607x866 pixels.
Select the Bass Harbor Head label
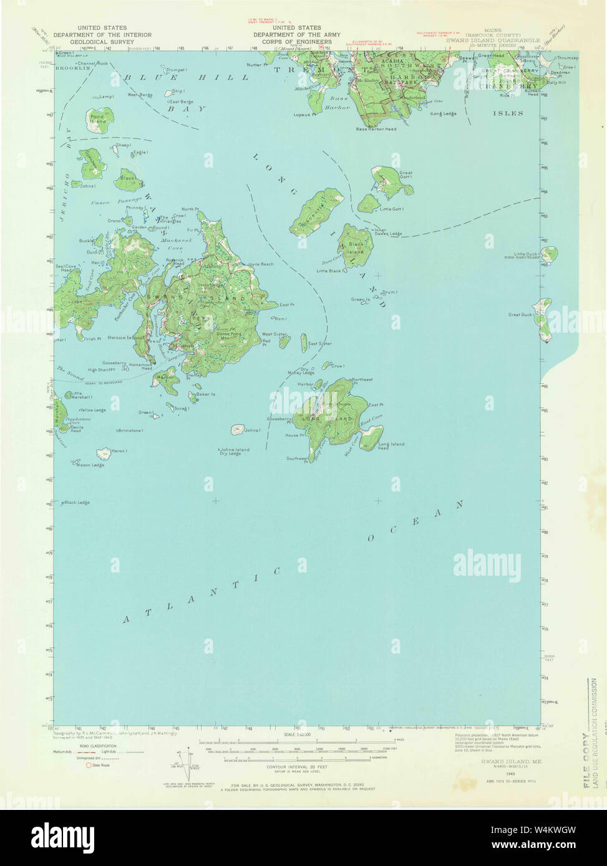click(376, 129)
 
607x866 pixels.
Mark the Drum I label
click(390, 292)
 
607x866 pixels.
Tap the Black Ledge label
click(77, 502)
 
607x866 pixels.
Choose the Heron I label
click(119, 450)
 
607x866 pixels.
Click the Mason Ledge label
click(90, 465)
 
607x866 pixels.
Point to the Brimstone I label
click(130, 430)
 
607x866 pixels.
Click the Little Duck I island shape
click(546, 254)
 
